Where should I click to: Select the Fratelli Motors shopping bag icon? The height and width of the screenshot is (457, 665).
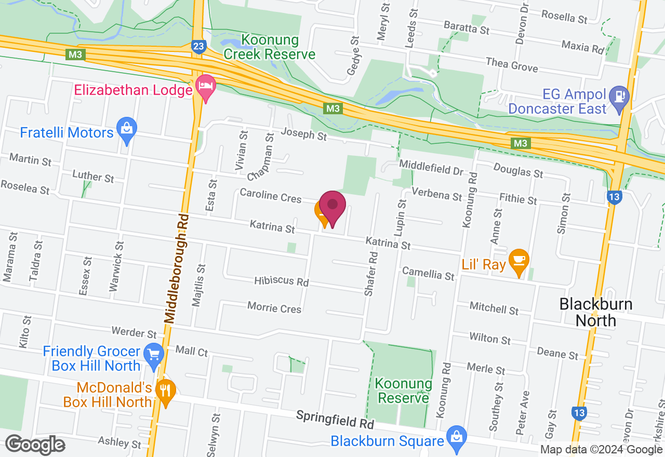pos(126,130)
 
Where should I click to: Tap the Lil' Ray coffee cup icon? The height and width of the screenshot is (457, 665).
pos(518,261)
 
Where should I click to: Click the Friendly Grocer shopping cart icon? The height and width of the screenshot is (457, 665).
pos(154,355)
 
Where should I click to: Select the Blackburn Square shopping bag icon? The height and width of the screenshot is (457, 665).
pos(456,438)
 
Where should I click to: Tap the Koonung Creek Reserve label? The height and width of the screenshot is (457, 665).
pos(269,47)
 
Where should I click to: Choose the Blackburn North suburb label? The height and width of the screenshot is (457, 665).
pos(595,312)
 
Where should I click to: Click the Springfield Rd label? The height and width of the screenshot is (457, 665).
pos(335,419)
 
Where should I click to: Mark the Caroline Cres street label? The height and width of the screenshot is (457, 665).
pos(270,196)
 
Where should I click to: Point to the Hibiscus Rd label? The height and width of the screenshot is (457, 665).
pos(281,281)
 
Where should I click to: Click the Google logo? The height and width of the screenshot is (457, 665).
pos(35,445)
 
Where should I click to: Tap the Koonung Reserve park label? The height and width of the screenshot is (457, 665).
pos(404,391)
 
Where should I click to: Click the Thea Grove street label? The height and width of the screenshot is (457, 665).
pos(512,64)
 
